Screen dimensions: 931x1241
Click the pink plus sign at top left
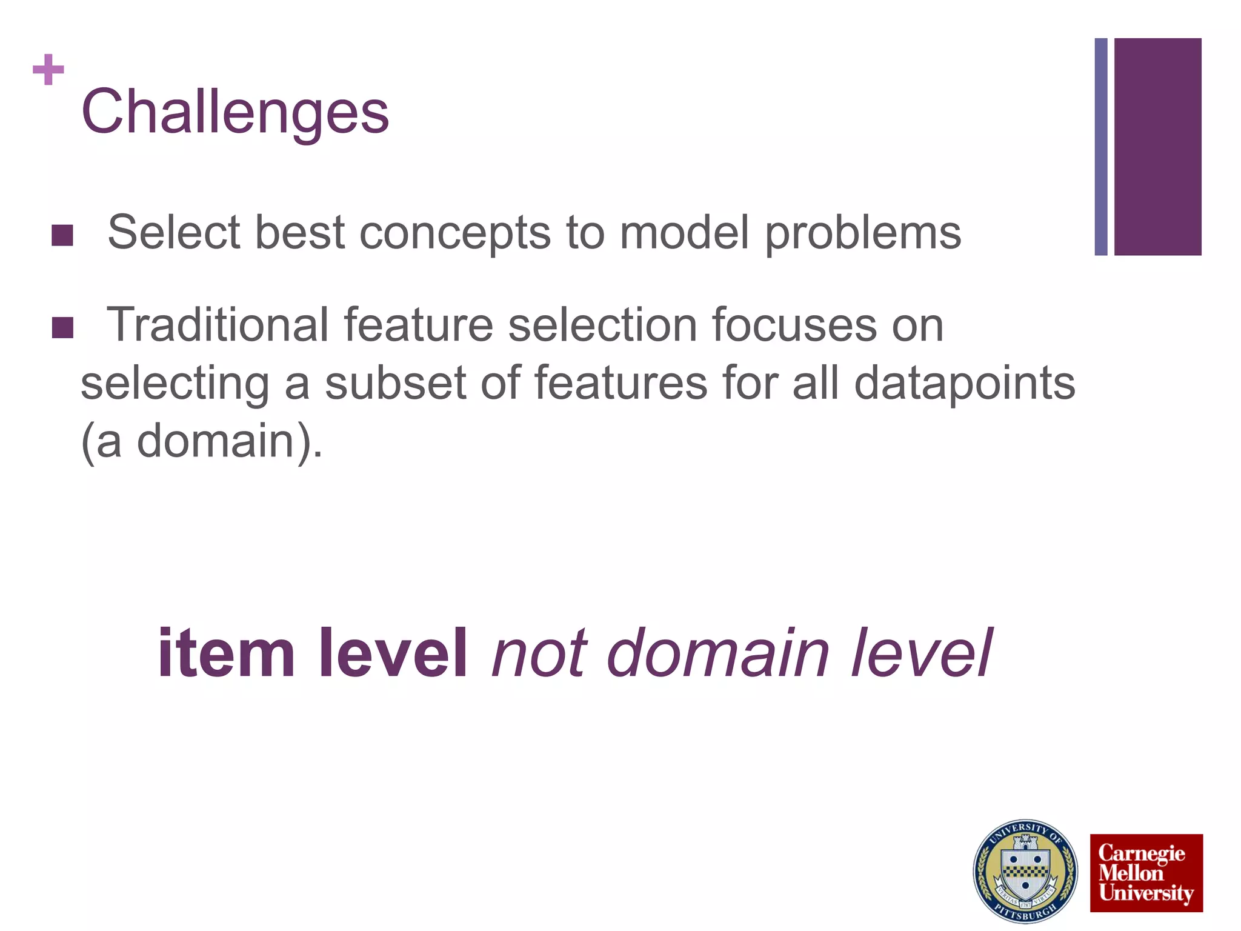[48, 70]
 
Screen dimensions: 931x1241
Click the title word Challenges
[235, 112]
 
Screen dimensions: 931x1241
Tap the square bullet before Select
[62, 235]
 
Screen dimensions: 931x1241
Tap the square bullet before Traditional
[62, 327]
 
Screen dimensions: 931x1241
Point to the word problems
[862, 233]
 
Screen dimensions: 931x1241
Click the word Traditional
[218, 325]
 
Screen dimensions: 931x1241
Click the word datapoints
[964, 383]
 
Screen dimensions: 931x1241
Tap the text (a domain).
[202, 441]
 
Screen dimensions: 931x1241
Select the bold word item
[226, 654]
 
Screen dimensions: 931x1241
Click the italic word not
[538, 654]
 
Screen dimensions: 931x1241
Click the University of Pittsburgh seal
[1025, 871]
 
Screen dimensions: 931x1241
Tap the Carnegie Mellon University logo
[1146, 873]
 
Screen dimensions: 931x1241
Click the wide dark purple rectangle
[1157, 147]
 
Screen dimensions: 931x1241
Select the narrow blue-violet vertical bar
[1101, 147]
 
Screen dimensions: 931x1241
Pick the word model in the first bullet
[684, 233]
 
